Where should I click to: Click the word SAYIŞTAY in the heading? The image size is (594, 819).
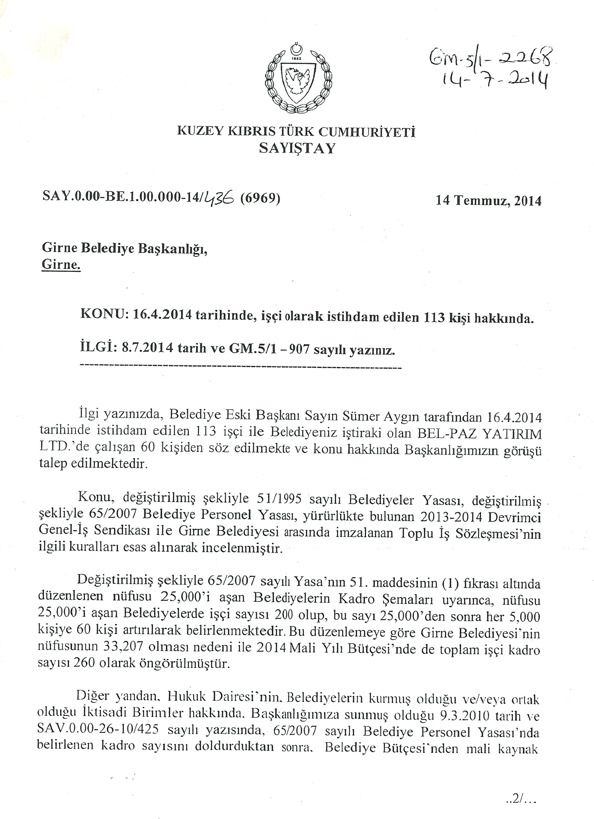tap(297, 149)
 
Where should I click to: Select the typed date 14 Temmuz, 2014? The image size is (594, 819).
tap(488, 201)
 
